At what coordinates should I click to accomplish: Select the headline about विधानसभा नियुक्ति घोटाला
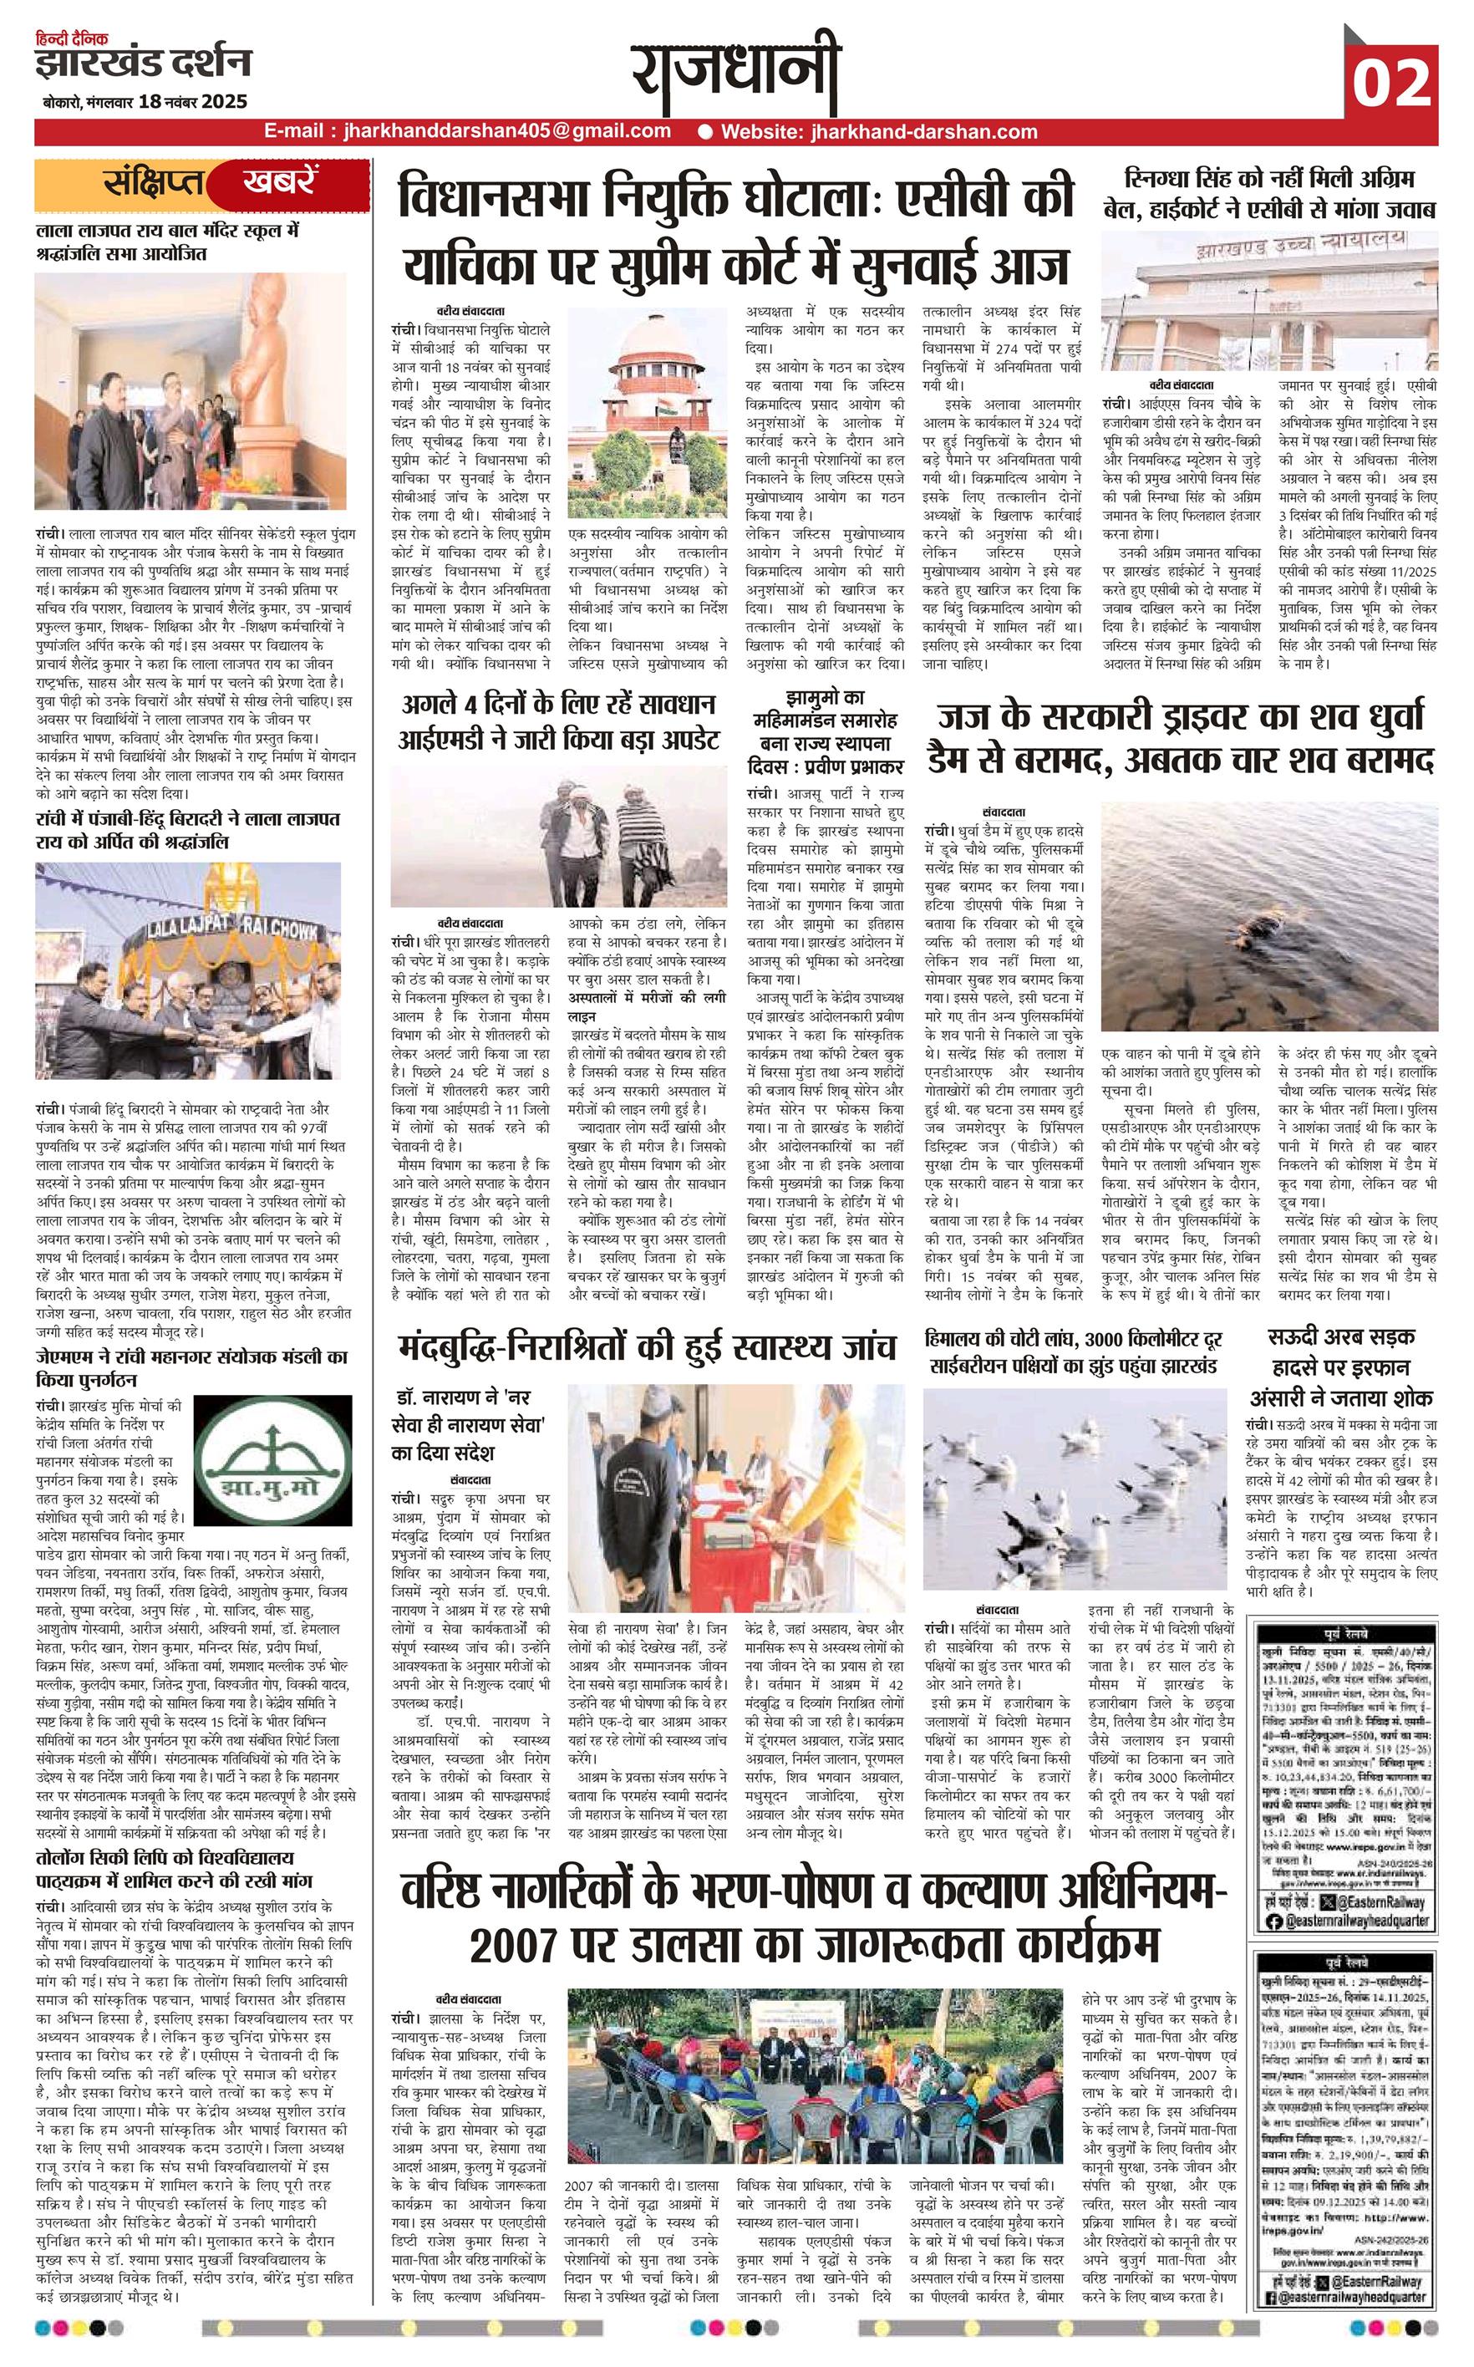coord(737,227)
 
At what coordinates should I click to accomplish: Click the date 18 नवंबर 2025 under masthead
coord(193,101)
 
